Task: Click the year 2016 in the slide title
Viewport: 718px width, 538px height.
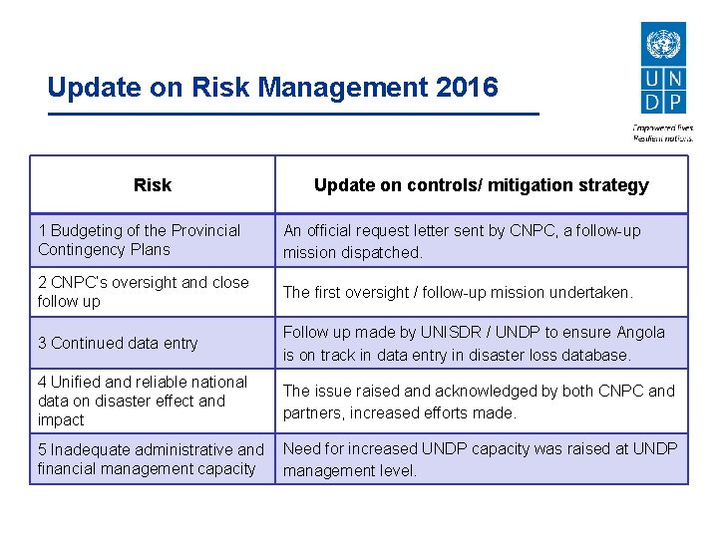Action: coord(467,88)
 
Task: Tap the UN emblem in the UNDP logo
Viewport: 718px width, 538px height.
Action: coord(661,44)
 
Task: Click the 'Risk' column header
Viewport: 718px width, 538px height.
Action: coord(152,185)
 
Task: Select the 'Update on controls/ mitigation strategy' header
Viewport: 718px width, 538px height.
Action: coord(481,185)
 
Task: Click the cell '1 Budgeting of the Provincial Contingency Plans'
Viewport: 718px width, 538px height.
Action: coord(152,240)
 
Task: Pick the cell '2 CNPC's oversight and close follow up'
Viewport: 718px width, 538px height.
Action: coord(152,292)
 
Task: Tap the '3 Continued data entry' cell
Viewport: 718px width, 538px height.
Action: coord(152,343)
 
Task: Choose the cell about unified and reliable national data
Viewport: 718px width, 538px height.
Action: coord(152,401)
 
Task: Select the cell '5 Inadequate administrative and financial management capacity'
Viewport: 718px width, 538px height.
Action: coord(152,459)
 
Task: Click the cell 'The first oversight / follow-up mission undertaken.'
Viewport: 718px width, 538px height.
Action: coord(481,292)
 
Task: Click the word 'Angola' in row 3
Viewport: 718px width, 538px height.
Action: coord(640,333)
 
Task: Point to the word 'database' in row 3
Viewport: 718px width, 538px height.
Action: coord(599,355)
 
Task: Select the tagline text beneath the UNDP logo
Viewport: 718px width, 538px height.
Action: coord(662,133)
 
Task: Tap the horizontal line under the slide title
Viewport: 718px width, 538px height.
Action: coord(293,115)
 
